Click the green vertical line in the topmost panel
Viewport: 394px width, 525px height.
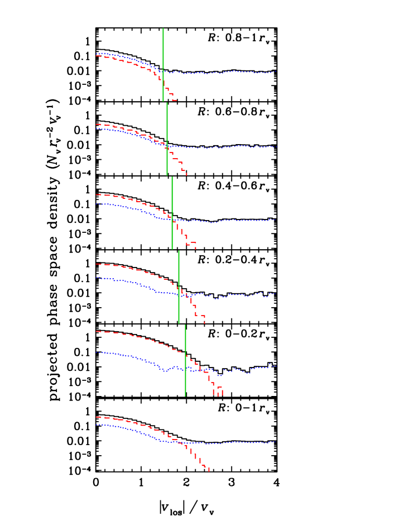click(163, 64)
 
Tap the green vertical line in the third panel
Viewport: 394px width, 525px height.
click(172, 213)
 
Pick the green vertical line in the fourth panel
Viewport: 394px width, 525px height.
click(179, 287)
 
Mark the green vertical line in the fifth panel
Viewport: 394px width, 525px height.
click(185, 360)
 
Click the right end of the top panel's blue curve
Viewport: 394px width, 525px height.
click(276, 71)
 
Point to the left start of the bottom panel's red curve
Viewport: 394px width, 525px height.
click(97, 417)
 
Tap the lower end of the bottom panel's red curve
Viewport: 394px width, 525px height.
click(209, 470)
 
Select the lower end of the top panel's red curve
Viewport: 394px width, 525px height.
click(175, 101)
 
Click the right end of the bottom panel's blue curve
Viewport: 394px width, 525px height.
click(275, 442)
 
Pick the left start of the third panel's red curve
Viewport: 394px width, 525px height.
click(97, 195)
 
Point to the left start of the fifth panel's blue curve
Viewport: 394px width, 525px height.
click(97, 352)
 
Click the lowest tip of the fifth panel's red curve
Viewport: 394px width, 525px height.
click(218, 394)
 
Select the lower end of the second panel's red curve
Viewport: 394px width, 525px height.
click(186, 174)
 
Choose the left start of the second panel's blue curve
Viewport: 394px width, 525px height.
click(97, 129)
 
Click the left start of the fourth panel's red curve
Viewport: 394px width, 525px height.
click(97, 264)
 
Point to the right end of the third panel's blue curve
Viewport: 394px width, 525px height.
click(276, 219)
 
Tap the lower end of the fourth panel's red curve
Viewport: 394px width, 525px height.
click(204, 322)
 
